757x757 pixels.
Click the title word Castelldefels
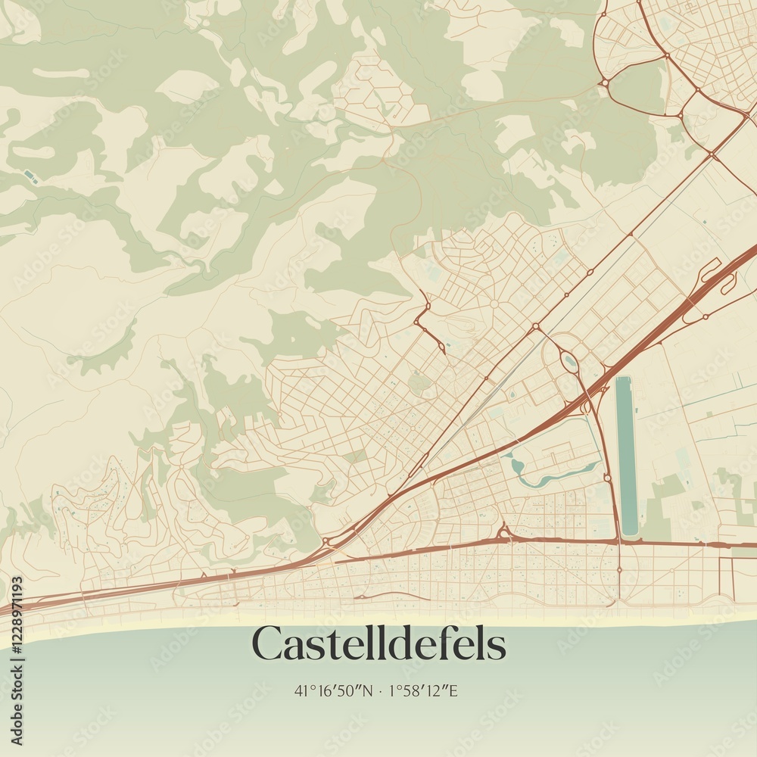click(x=378, y=644)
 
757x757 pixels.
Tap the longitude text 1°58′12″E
click(x=423, y=690)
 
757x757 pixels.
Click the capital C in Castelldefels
click(x=267, y=644)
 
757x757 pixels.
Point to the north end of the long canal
click(x=623, y=380)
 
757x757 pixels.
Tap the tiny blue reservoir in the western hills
click(x=30, y=176)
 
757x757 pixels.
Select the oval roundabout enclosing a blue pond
click(x=569, y=363)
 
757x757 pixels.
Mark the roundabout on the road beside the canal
click(x=607, y=478)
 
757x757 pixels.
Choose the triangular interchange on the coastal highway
click(x=503, y=532)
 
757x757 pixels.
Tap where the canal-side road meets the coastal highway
click(x=618, y=540)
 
